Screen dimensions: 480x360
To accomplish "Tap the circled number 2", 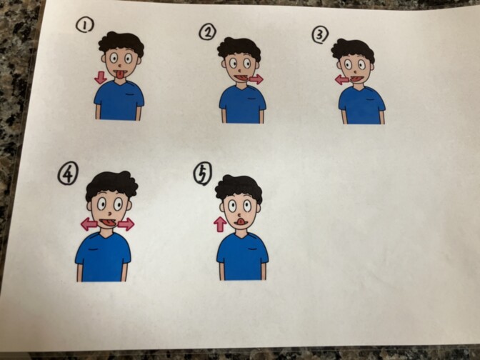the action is point(208,32).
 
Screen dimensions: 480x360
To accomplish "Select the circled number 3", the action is point(320,34).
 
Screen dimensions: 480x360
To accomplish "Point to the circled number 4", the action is point(68,173).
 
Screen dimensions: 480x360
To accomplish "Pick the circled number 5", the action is point(202,174).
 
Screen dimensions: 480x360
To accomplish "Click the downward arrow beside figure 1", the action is point(100,77).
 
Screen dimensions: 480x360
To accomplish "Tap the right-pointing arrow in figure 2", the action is point(256,79).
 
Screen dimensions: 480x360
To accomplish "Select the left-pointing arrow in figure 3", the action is point(342,80).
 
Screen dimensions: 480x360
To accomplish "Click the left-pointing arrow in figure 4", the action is point(89,224).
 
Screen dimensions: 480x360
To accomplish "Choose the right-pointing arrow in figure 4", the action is point(126,224).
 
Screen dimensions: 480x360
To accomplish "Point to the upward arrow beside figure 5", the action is point(220,224).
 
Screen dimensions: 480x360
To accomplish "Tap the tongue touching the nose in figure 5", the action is point(241,221).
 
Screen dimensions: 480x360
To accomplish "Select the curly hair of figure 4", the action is point(111,185).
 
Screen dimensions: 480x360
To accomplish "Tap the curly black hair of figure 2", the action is point(239,49).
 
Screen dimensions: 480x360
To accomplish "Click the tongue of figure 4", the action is point(107,224).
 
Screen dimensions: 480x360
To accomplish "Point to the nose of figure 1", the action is point(119,66).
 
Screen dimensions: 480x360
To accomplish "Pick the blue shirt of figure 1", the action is point(119,100).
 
